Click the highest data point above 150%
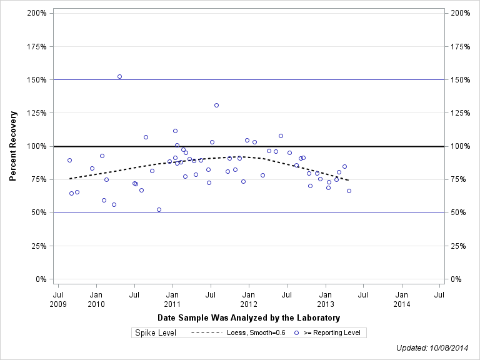(x=119, y=76)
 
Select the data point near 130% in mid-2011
(x=216, y=105)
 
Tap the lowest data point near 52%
(x=159, y=209)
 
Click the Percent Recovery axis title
(x=13, y=146)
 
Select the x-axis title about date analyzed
(x=249, y=318)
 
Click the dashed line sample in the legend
(x=206, y=333)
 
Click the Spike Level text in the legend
(x=156, y=333)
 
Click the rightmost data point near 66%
(x=349, y=191)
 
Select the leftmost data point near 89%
(x=69, y=160)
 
